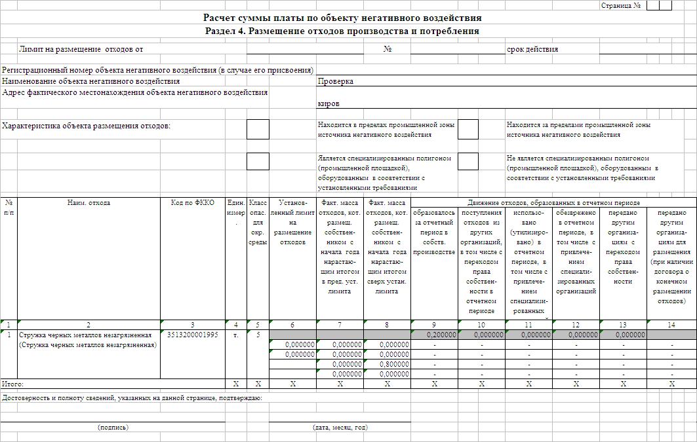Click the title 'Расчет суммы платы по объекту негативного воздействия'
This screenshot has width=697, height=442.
click(x=342, y=18)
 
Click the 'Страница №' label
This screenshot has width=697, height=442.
click(x=620, y=5)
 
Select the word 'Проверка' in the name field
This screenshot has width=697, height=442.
click(x=336, y=81)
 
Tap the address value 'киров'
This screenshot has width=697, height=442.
click(x=329, y=103)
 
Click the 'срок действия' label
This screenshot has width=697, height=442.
click(x=532, y=49)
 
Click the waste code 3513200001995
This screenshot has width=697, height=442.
click(x=192, y=335)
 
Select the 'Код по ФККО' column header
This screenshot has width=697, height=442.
click(x=192, y=203)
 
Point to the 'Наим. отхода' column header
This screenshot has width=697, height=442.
click(x=89, y=203)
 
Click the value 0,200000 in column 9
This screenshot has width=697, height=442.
click(x=440, y=335)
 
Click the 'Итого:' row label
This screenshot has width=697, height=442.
click(x=13, y=384)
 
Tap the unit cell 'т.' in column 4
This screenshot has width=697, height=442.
click(x=235, y=335)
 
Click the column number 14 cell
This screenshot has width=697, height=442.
click(x=671, y=325)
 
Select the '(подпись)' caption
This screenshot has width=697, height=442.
click(x=113, y=427)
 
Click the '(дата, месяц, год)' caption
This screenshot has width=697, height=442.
click(x=340, y=427)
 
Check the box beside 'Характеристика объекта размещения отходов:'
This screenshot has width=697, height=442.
click(x=258, y=129)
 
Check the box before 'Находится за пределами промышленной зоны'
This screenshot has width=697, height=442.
click(x=468, y=129)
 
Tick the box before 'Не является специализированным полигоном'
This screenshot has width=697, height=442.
click(x=468, y=161)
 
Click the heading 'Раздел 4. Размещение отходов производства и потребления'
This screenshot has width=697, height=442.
click(x=342, y=31)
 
